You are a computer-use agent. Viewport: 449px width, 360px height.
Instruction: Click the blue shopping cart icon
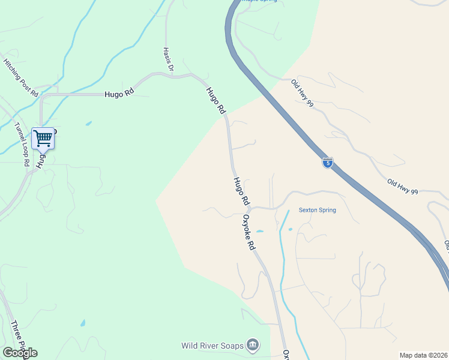pyautogui.click(x=43, y=139)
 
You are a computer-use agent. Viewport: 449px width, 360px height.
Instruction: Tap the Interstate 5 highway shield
pyautogui.click(x=327, y=163)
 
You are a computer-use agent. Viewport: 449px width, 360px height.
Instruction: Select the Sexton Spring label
pyautogui.click(x=318, y=210)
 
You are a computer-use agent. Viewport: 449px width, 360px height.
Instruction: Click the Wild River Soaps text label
pyautogui.click(x=213, y=346)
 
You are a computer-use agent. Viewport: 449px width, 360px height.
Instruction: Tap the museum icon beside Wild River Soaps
pyautogui.click(x=253, y=345)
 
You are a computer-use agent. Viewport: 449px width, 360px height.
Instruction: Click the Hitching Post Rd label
pyautogui.click(x=21, y=78)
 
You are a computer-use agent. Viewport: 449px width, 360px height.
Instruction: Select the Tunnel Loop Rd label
pyautogui.click(x=22, y=144)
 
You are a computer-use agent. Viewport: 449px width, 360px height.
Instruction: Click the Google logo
pyautogui.click(x=20, y=353)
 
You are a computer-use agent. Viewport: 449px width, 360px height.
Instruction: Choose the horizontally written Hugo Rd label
pyautogui.click(x=118, y=94)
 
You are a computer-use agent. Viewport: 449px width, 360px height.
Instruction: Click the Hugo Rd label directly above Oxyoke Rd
pyautogui.click(x=241, y=190)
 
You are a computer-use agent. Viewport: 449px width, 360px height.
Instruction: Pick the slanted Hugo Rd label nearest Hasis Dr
pyautogui.click(x=215, y=101)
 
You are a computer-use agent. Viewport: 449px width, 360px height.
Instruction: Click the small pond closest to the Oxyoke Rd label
pyautogui.click(x=260, y=232)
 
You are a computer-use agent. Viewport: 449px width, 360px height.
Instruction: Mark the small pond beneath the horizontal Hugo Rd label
pyautogui.click(x=89, y=124)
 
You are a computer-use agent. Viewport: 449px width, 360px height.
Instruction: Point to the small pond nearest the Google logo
pyautogui.click(x=82, y=323)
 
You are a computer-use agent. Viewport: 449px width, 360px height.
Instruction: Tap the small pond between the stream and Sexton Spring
pyautogui.click(x=290, y=229)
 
